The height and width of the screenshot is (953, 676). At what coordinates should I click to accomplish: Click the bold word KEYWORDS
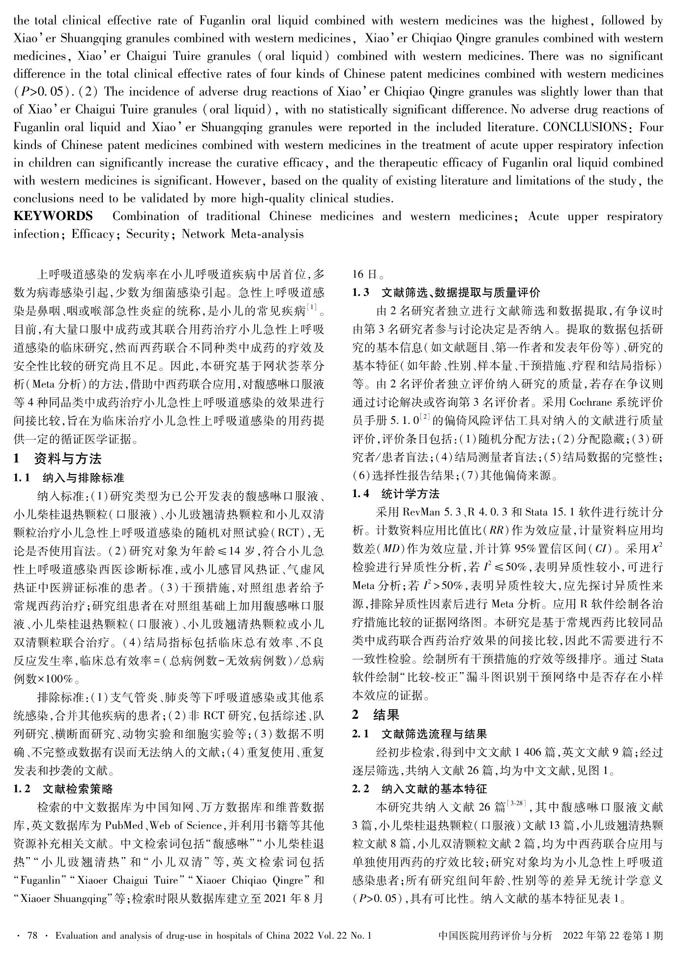pyautogui.click(x=53, y=217)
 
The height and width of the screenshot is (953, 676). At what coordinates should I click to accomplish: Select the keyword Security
pyautogui.click(x=148, y=234)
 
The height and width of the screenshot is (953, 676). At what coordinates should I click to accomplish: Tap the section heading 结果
pyautogui.click(x=386, y=715)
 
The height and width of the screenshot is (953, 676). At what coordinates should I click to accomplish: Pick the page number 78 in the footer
pyautogui.click(x=33, y=936)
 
